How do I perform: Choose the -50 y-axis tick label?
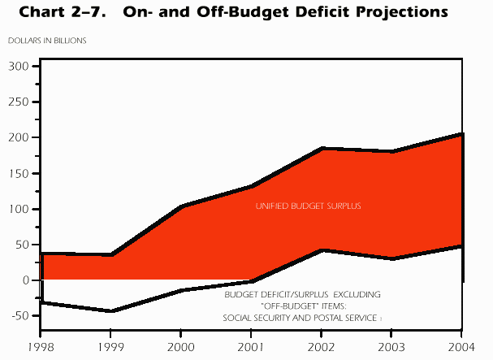17,315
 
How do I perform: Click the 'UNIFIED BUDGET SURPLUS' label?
309,206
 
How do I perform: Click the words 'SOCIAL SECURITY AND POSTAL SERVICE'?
300,318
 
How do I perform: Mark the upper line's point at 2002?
322,149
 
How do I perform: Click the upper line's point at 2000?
179,206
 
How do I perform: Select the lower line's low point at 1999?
110,310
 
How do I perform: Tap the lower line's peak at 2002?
322,250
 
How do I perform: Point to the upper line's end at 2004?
461,134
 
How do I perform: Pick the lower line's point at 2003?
391,258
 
